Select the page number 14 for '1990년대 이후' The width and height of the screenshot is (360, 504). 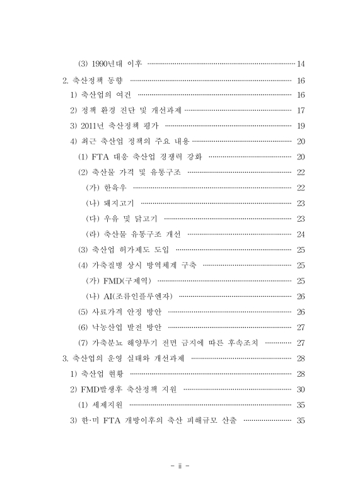300,64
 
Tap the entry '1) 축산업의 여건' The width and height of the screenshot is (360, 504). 100,95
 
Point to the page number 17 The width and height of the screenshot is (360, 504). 300,110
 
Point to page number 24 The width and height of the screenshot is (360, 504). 300,234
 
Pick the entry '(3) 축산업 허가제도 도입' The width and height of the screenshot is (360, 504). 124,249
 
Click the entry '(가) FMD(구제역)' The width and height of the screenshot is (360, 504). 119,280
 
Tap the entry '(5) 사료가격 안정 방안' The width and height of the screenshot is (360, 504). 120,311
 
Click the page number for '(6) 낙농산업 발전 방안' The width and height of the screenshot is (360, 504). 300,327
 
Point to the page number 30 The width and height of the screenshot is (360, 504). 300,389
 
